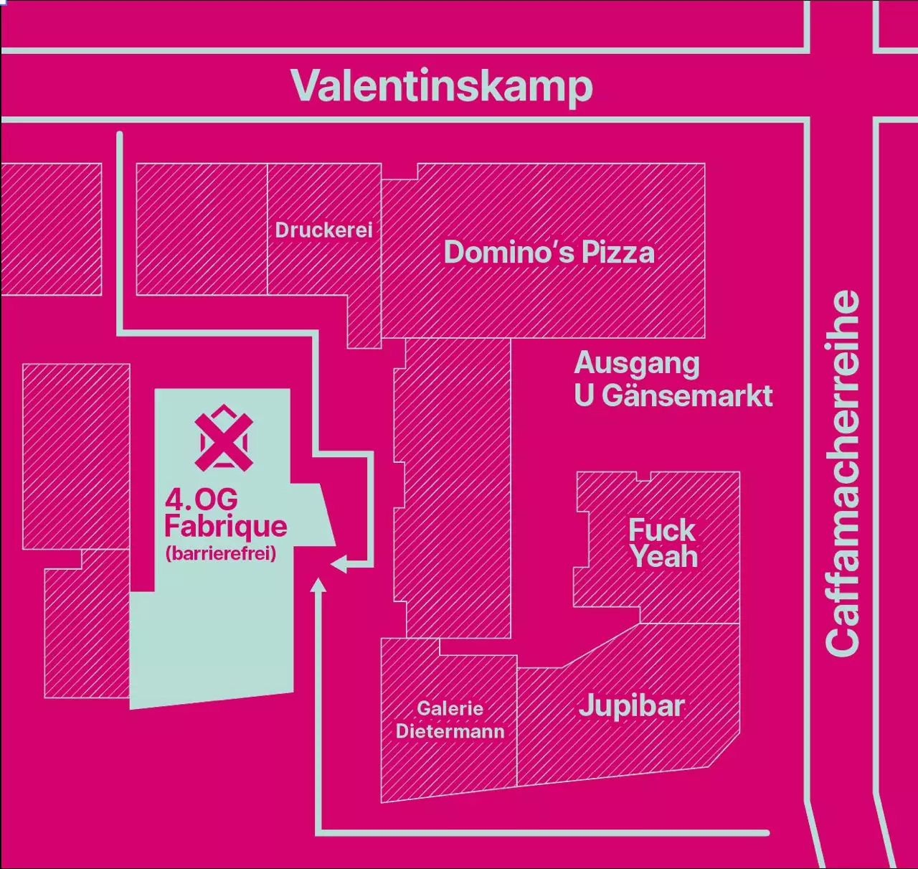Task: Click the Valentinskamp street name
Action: (441, 86)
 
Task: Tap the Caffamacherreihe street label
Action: (843, 473)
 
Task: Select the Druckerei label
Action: (324, 230)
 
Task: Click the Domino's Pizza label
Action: (549, 253)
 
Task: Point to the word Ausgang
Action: (637, 363)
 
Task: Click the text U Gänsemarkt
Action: (673, 396)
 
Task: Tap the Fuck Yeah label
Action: (663, 543)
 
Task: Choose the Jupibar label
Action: (631, 706)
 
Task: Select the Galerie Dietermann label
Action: (450, 720)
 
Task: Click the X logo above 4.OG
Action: (224, 438)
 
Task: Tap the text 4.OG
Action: (202, 499)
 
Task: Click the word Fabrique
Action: (225, 527)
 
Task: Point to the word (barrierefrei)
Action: (221, 554)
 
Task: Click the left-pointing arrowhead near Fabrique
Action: (337, 565)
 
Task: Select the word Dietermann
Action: (450, 731)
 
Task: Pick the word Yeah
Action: (665, 557)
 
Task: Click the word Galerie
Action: (450, 708)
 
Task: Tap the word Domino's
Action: (508, 253)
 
